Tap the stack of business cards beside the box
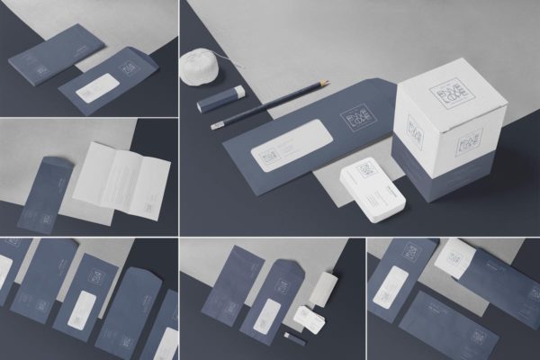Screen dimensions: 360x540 pyautogui.click(x=371, y=192)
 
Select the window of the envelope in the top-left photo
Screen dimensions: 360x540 pyautogui.click(x=101, y=88)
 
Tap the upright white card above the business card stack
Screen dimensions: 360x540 pyautogui.click(x=323, y=287)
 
